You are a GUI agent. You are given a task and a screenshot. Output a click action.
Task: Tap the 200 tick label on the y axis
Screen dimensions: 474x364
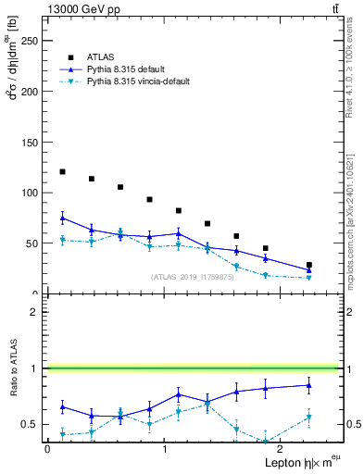coord(29,92)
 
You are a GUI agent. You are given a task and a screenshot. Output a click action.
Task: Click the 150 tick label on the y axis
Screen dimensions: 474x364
coord(29,143)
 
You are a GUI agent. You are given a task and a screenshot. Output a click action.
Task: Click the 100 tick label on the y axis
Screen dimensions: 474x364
coord(29,193)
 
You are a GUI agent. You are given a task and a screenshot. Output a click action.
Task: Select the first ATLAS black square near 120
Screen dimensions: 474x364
coord(62,171)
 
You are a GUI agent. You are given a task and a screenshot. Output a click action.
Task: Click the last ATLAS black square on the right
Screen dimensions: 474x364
coord(309,265)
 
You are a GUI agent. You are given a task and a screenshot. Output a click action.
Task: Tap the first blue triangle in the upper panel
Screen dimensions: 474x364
coord(62,218)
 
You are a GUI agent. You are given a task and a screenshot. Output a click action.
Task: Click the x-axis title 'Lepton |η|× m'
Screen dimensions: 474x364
coord(295,461)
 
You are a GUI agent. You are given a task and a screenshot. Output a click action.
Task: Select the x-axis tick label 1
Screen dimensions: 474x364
coord(165,448)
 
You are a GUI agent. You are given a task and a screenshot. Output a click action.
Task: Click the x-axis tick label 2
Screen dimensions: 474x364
coord(282,448)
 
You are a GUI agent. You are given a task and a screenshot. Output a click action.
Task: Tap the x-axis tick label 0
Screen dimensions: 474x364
coord(47,448)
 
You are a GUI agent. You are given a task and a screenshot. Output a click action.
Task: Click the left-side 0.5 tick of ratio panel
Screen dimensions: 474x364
coord(33,424)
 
